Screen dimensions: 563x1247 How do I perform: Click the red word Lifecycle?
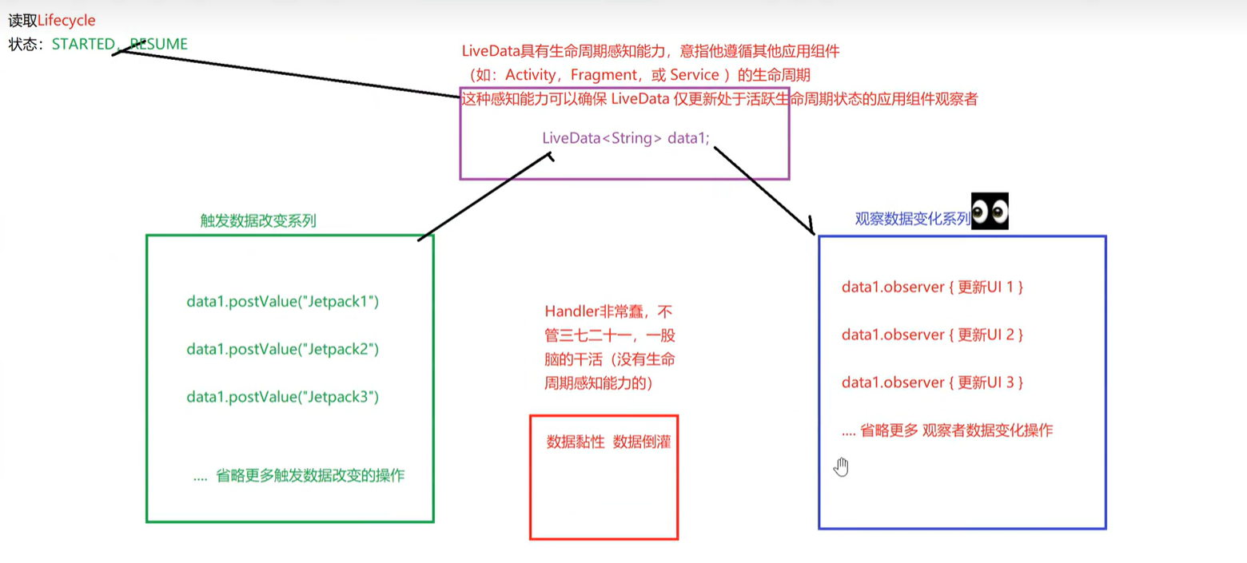pyautogui.click(x=66, y=20)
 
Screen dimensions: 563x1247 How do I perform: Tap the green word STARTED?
pyautogui.click(x=82, y=44)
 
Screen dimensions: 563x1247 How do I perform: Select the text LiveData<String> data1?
pyautogui.click(x=625, y=138)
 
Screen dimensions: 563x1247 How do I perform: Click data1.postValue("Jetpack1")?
pyautogui.click(x=282, y=302)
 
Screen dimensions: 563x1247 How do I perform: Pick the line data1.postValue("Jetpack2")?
pyautogui.click(x=282, y=349)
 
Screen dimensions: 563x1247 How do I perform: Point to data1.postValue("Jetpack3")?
pyautogui.click(x=282, y=397)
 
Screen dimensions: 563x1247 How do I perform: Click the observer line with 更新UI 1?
pyautogui.click(x=932, y=287)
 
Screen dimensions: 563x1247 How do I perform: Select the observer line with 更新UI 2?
pyautogui.click(x=932, y=335)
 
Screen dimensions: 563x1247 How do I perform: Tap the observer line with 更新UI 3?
pyautogui.click(x=932, y=383)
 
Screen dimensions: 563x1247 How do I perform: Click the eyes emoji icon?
pyautogui.click(x=990, y=212)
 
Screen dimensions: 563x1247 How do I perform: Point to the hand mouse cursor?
pyautogui.click(x=840, y=466)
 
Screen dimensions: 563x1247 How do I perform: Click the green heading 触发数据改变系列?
pyautogui.click(x=258, y=221)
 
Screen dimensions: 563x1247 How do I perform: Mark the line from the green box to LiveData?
pyautogui.click(x=484, y=196)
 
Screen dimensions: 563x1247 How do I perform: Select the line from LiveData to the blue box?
pyautogui.click(x=763, y=188)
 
